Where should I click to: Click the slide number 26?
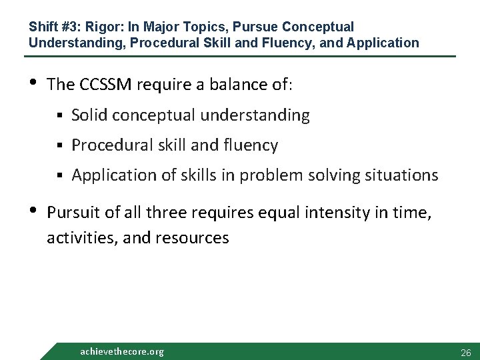click(x=465, y=352)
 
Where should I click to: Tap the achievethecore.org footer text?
click(x=121, y=351)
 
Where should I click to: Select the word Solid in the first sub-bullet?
click(x=89, y=115)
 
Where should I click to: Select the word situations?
click(x=404, y=175)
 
